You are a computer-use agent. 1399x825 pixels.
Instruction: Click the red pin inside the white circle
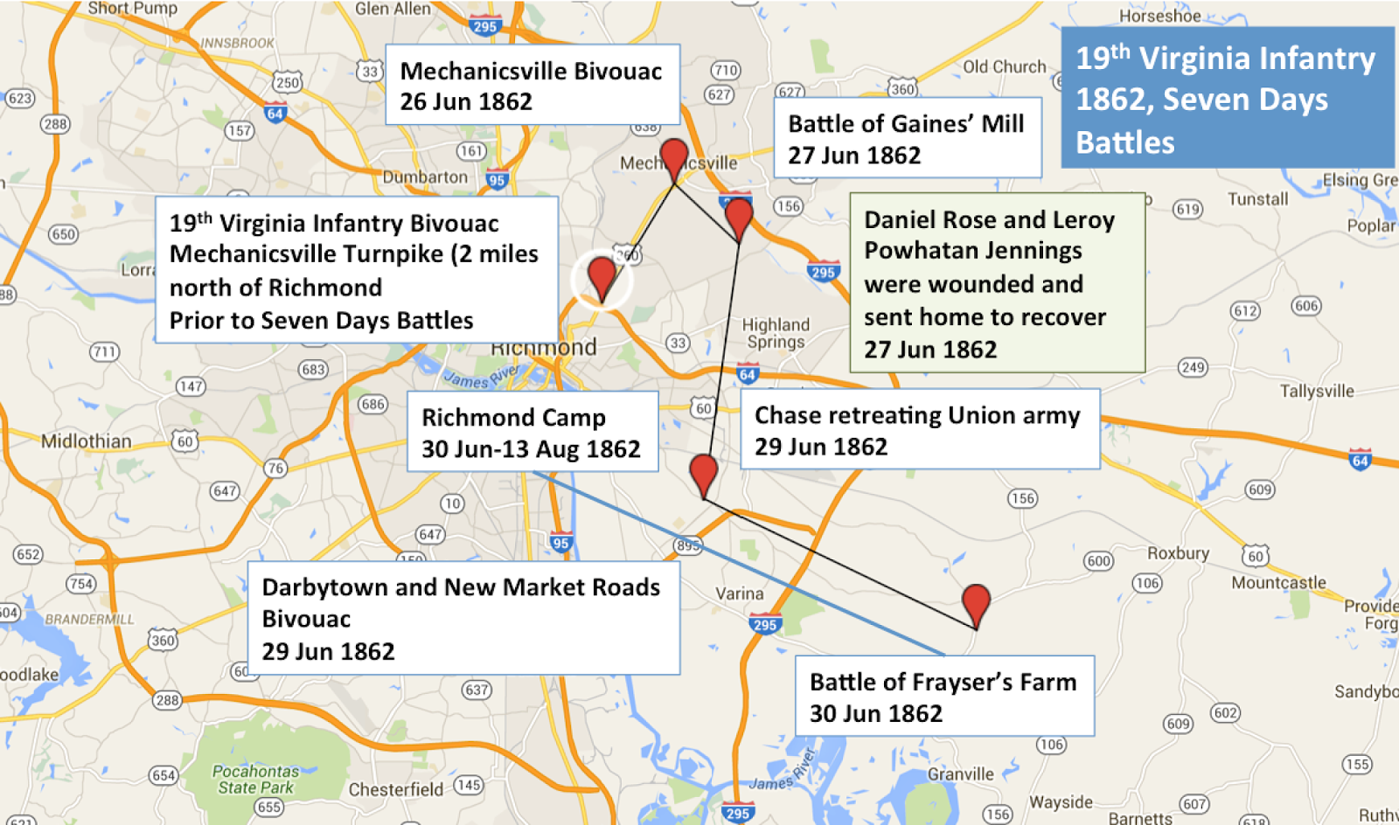[x=602, y=276]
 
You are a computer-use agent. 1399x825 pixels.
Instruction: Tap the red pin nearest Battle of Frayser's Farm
[x=976, y=603]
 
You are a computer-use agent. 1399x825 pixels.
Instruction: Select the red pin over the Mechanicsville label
[x=673, y=157]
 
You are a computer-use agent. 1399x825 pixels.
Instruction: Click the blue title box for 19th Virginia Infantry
[x=1227, y=98]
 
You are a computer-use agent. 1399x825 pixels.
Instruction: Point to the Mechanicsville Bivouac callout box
[x=532, y=85]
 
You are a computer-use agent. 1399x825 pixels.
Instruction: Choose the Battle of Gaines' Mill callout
[x=907, y=138]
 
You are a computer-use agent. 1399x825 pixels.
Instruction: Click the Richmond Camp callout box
[x=532, y=432]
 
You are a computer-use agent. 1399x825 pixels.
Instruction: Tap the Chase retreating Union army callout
[x=919, y=430]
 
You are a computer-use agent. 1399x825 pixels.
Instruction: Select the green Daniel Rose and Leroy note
[x=997, y=283]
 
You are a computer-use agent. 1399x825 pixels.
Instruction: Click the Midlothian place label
[x=86, y=441]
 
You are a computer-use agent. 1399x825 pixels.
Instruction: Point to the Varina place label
[x=740, y=593]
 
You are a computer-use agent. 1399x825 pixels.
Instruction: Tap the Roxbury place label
[x=1178, y=553]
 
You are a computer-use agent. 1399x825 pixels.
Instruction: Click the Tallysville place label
[x=1317, y=391]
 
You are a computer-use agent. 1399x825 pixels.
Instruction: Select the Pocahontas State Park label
[x=255, y=779]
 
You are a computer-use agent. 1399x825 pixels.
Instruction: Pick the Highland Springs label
[x=776, y=333]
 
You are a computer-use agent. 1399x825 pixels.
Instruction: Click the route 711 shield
[x=104, y=351]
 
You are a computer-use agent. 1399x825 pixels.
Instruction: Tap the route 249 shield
[x=1193, y=367]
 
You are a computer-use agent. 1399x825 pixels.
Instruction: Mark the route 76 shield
[x=275, y=468]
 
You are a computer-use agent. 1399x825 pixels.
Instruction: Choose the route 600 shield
[x=1098, y=561]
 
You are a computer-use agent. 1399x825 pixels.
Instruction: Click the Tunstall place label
[x=1257, y=199]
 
